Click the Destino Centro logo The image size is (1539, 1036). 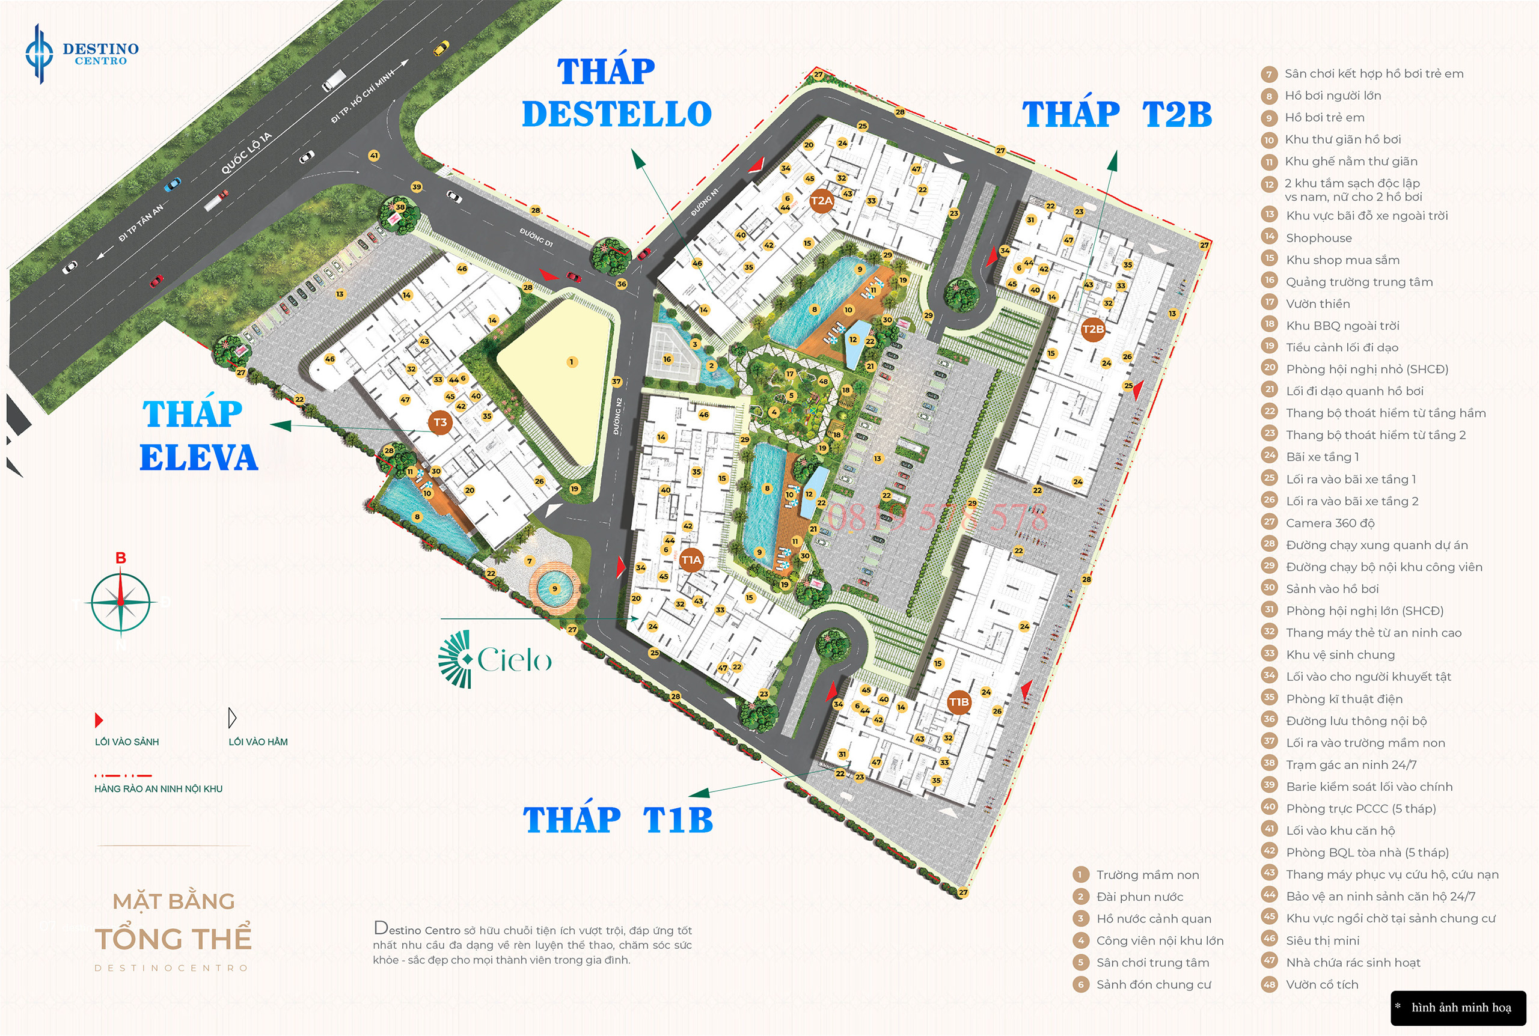[81, 53]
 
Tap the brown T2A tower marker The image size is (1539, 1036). [821, 201]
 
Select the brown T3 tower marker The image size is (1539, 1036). [440, 423]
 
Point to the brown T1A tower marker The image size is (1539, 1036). [691, 559]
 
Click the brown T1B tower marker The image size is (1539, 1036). [959, 702]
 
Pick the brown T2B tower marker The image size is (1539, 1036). [1093, 329]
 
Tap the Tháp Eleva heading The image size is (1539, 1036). [198, 436]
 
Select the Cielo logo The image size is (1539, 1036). [495, 659]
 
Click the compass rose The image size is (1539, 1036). [121, 602]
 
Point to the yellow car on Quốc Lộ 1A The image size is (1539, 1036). [441, 47]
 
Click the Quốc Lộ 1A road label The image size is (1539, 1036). [246, 153]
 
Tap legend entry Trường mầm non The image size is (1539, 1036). [1146, 875]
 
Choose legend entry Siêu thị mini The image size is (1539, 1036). [1321, 940]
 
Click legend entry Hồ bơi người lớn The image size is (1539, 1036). [1332, 96]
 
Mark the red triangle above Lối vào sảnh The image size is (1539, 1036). [99, 719]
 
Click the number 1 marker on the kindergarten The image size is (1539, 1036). [572, 362]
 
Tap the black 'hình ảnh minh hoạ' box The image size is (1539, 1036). [1458, 1008]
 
